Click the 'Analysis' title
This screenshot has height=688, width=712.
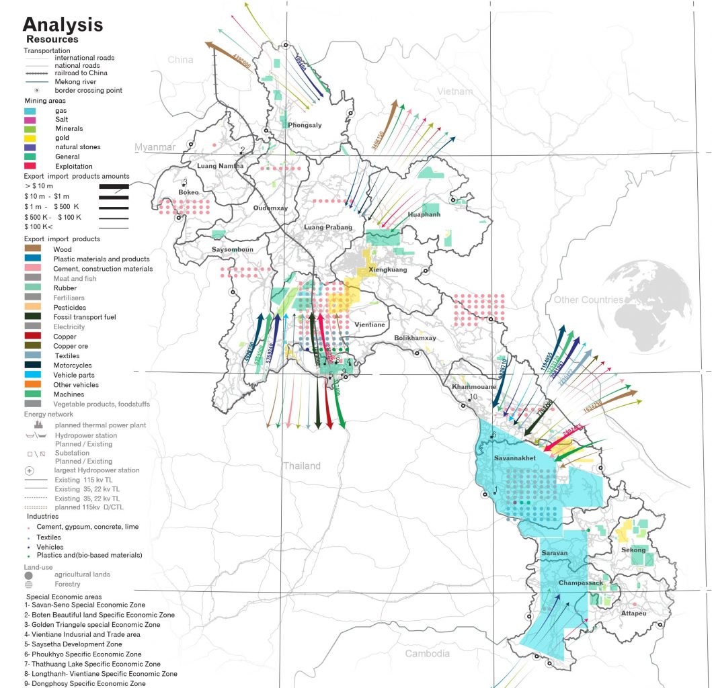click(x=63, y=25)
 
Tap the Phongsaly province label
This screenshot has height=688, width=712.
click(x=305, y=126)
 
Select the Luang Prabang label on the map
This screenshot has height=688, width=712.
click(x=328, y=228)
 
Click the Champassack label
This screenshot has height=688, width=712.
click(x=581, y=584)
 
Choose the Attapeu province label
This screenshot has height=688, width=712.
click(x=633, y=613)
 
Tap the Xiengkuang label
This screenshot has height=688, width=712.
click(x=388, y=269)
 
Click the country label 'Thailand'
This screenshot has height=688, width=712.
click(x=301, y=466)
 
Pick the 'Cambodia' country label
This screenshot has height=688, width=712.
click(x=427, y=654)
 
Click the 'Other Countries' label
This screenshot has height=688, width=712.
click(x=587, y=300)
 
